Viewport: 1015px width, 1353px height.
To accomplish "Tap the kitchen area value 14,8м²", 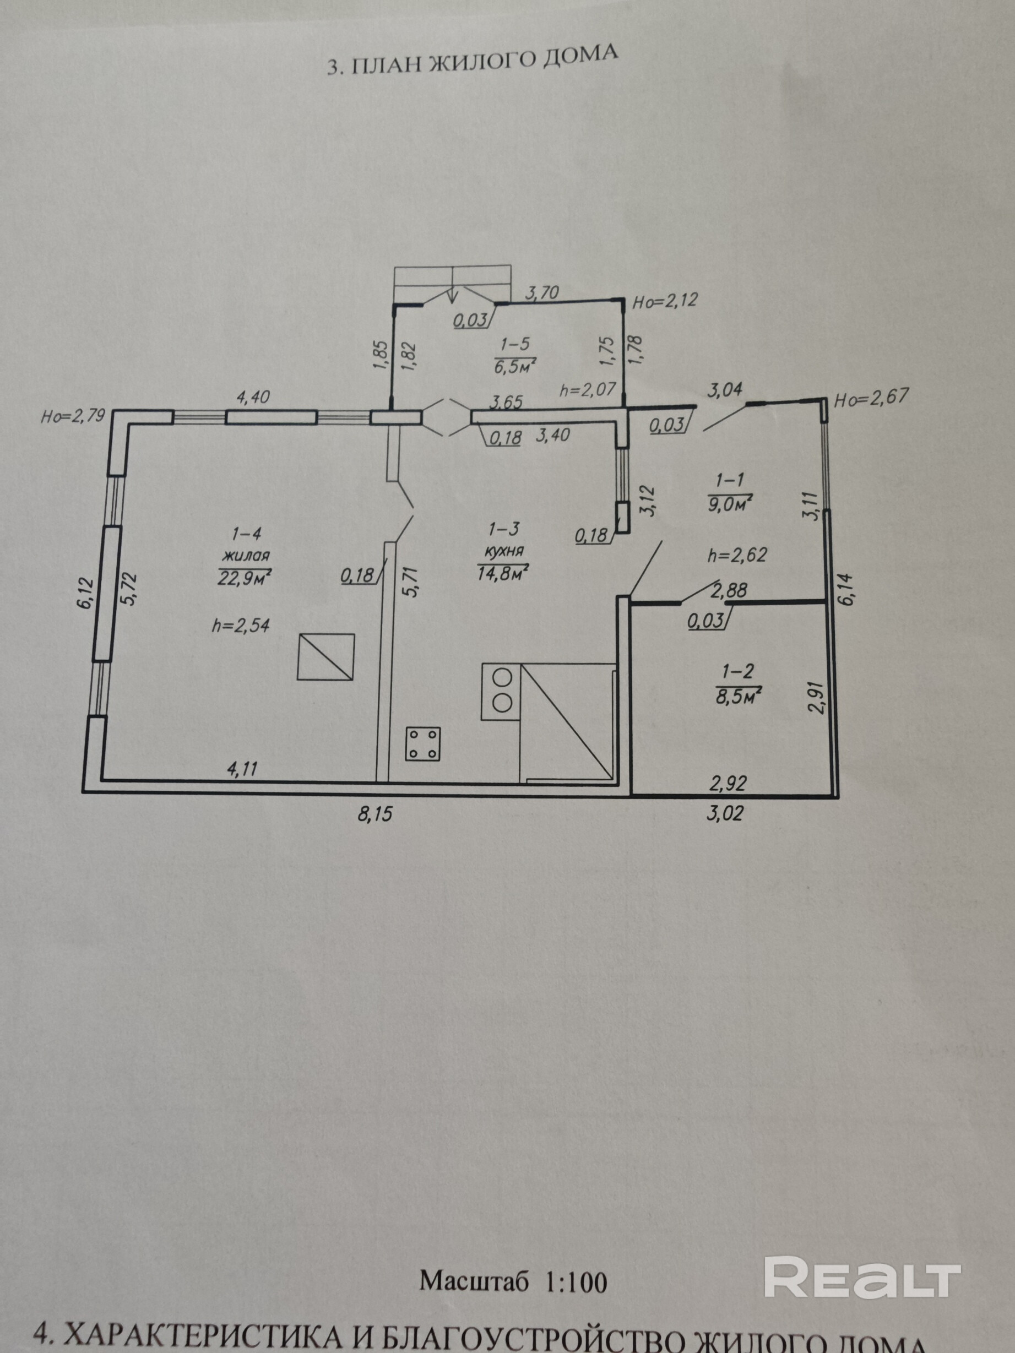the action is [502, 573].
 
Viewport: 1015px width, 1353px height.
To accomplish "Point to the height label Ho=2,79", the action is [73, 417].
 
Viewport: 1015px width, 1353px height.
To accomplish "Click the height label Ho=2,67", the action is [871, 398].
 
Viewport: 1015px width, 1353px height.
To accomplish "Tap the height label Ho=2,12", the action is [664, 301].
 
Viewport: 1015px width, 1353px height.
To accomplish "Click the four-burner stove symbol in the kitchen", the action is [423, 743].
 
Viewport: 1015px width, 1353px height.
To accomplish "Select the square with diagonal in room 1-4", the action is [325, 657].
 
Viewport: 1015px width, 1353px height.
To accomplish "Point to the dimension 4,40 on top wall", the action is [253, 398].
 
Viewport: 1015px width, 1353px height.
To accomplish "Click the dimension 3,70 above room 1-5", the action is [542, 293].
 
